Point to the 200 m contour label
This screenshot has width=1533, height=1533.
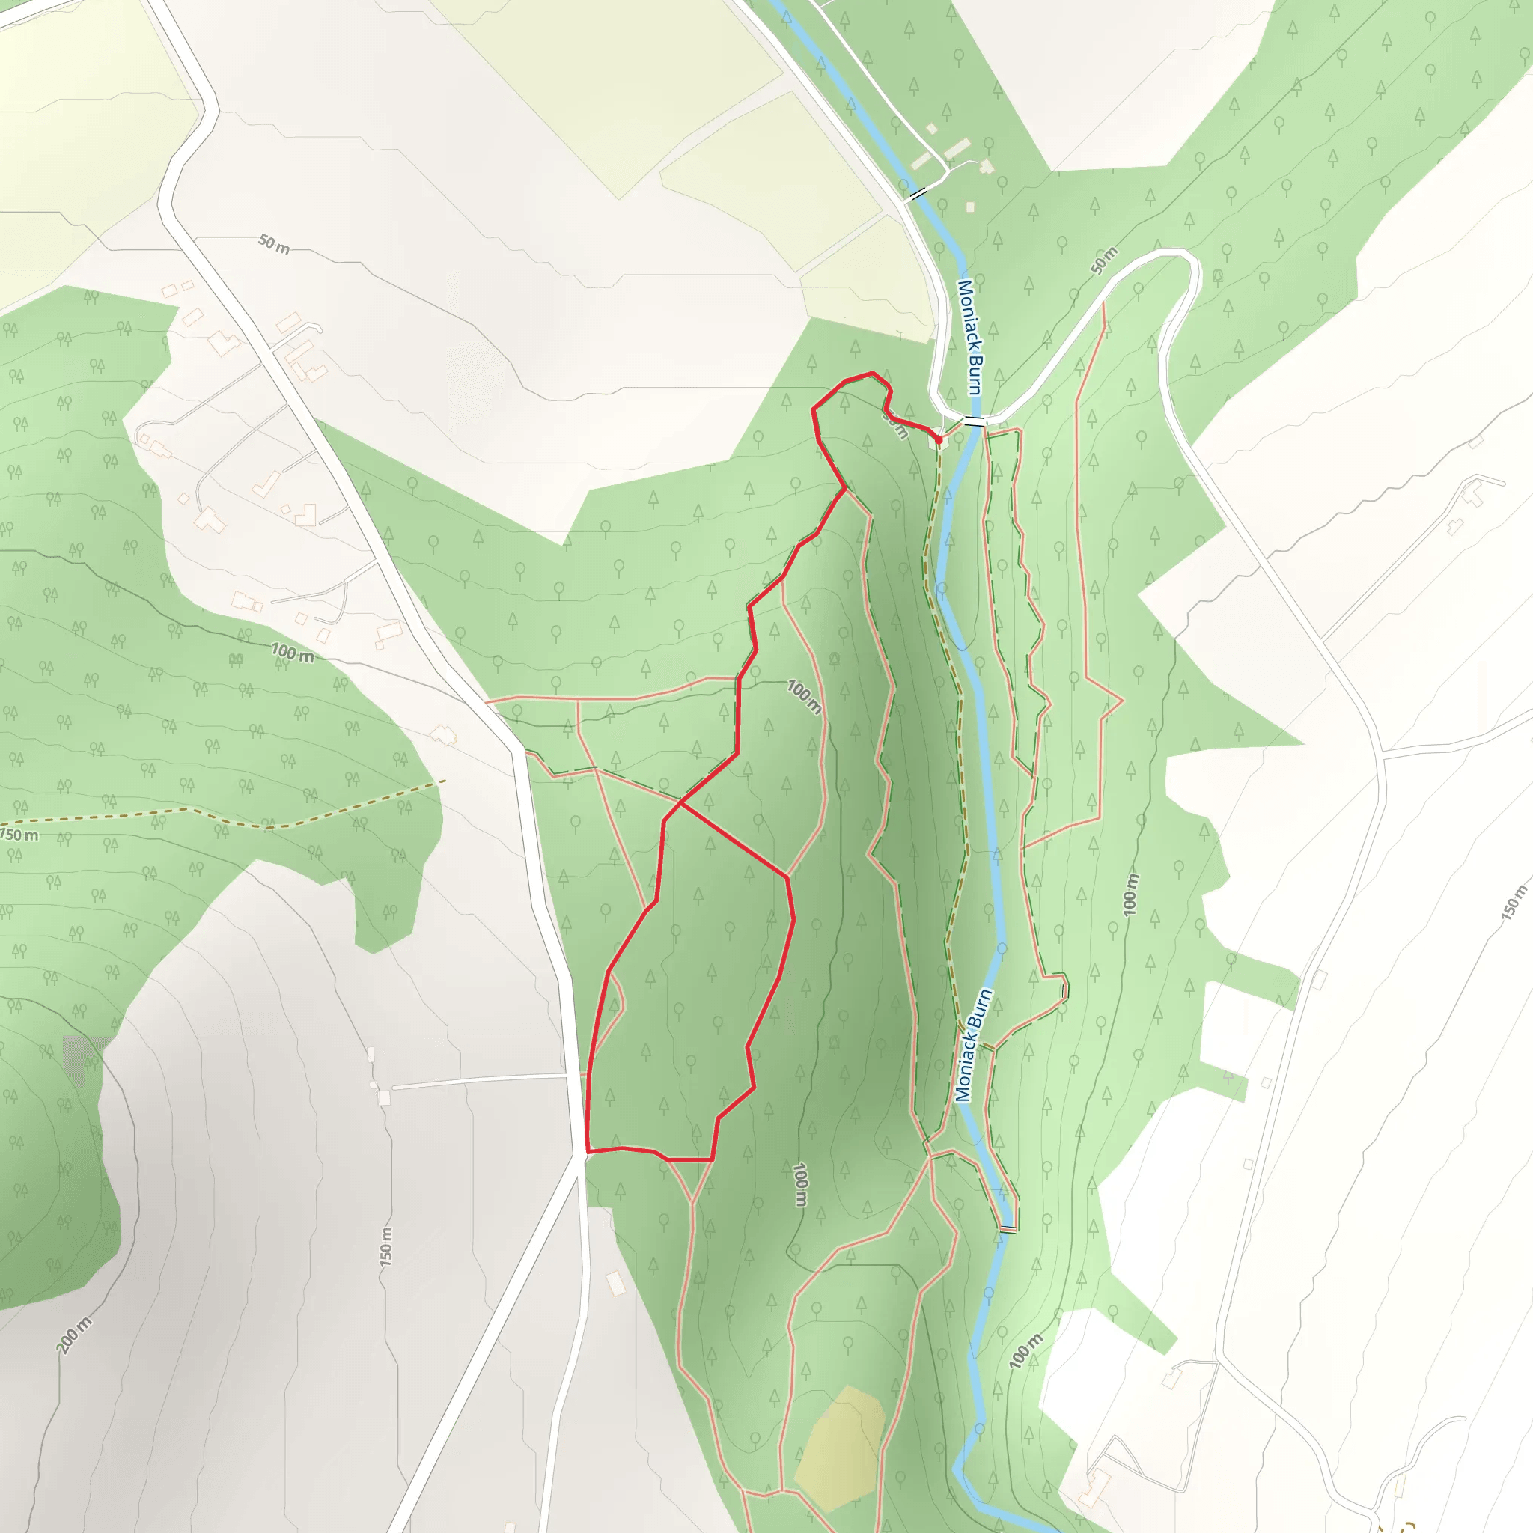tap(74, 1334)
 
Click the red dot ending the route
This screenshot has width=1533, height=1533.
tap(939, 439)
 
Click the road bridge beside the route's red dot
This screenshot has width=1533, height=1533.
tap(975, 421)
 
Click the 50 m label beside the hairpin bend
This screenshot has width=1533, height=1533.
tap(1104, 260)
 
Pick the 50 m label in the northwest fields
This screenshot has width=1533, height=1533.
tap(274, 243)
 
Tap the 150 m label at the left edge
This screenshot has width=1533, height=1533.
tap(19, 835)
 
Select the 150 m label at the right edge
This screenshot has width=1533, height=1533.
tap(1513, 902)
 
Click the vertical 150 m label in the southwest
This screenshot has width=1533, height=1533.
tap(385, 1246)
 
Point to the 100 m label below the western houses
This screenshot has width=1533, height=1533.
tap(293, 653)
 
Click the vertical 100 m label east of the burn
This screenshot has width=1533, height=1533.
tap(1131, 894)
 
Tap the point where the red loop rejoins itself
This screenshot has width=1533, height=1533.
tap(680, 803)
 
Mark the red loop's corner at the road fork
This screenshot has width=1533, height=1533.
tap(587, 1150)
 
